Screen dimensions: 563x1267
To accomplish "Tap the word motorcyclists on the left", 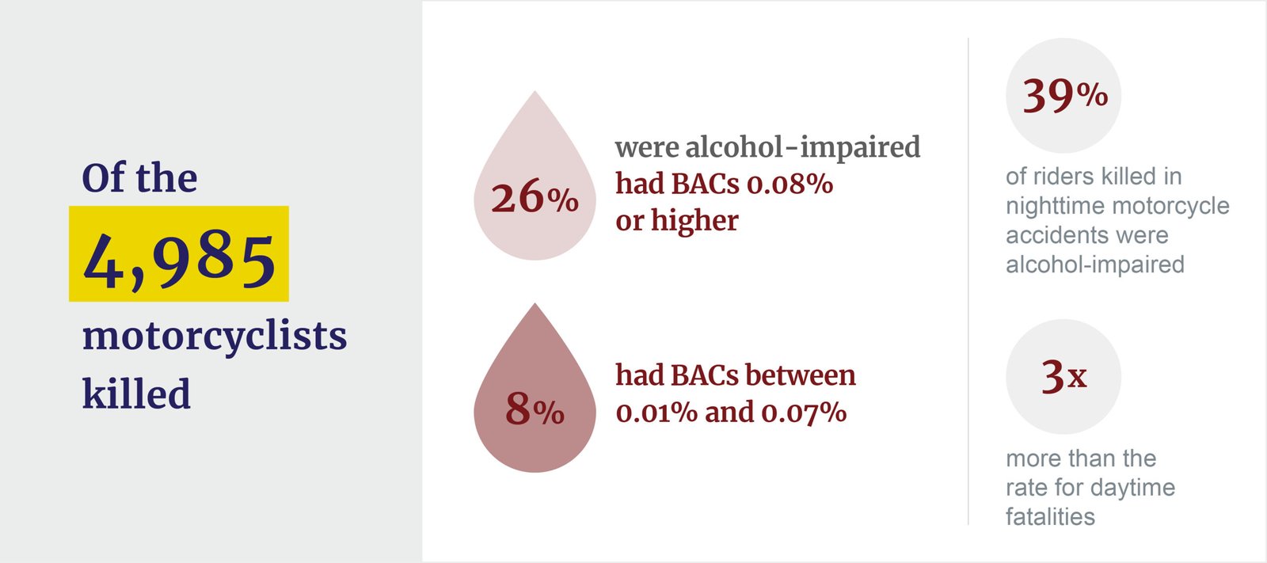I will tap(215, 337).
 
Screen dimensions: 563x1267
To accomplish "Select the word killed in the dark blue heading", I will tap(136, 394).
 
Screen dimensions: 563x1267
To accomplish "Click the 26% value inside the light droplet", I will tap(535, 197).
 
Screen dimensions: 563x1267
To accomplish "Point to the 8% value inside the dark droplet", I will tap(535, 409).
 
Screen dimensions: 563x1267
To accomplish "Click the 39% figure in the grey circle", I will tap(1064, 96).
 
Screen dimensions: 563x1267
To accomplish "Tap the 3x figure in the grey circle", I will tap(1063, 376).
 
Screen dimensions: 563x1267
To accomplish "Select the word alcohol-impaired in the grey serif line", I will tap(802, 147).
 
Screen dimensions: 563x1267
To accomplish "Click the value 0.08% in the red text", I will tap(789, 184).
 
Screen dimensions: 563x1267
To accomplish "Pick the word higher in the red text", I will tap(694, 221).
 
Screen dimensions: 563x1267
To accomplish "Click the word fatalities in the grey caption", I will tap(1050, 517).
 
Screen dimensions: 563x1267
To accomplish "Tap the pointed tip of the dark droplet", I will tap(535, 306).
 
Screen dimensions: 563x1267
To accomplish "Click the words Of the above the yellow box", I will tap(139, 177).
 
